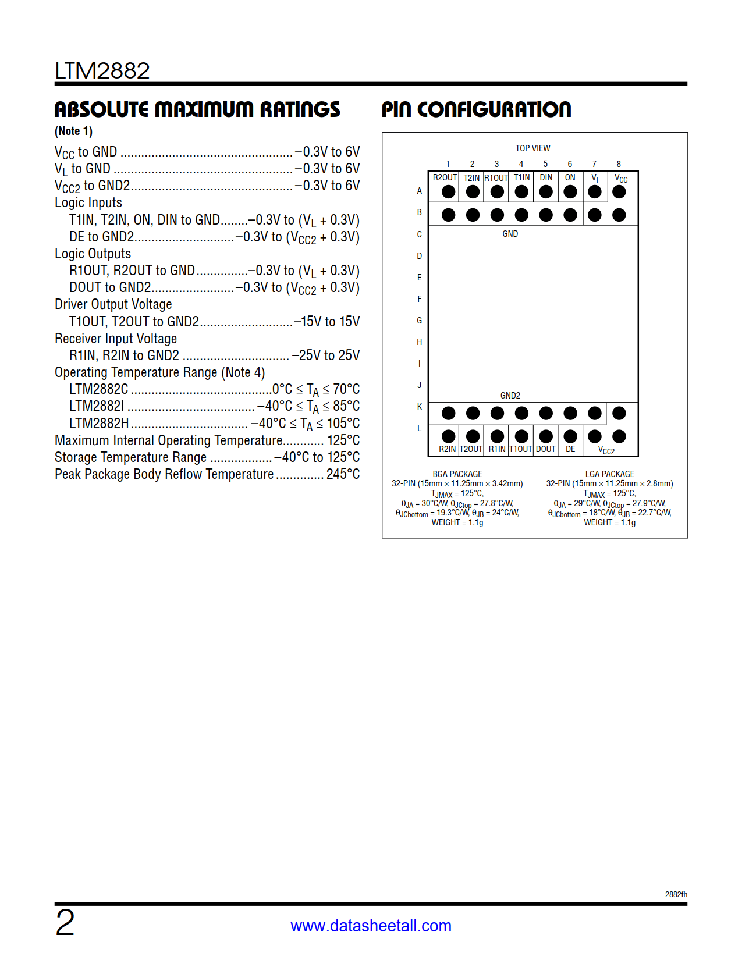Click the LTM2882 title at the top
pos(102,71)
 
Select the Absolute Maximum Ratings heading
pos(197,109)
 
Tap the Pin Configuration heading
pos(476,109)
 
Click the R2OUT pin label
pos(445,177)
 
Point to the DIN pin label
pos(546,177)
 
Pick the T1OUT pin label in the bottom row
pos(521,449)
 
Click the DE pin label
pos(570,449)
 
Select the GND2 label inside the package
pos(510,396)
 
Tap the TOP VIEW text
pos(532,148)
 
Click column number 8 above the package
pos(619,164)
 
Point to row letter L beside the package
pos(419,428)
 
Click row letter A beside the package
pos(419,191)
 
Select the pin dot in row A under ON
pos(570,191)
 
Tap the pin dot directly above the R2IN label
pos(448,436)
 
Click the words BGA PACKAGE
pos(457,474)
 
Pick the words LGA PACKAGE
pos(609,474)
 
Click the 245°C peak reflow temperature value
pos(343,474)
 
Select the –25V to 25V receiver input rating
pos(326,355)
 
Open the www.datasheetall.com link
pos(371,926)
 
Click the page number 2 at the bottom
pos(65,923)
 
